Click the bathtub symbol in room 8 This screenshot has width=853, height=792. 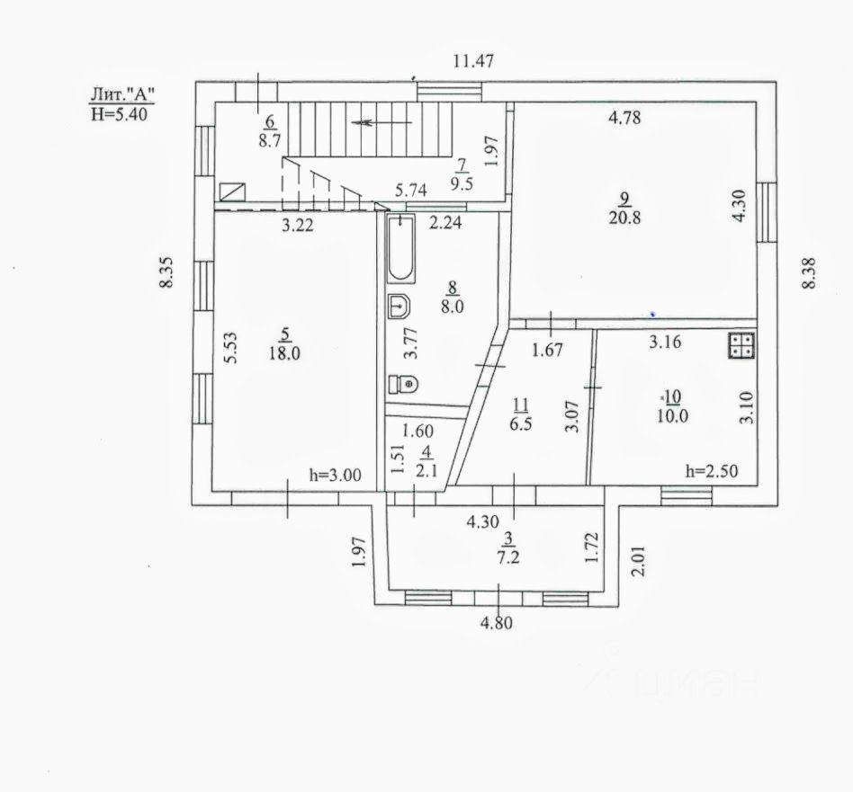click(x=401, y=248)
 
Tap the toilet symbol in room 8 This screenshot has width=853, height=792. click(x=403, y=385)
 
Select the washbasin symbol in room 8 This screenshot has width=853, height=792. click(x=400, y=307)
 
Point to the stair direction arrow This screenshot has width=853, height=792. click(x=382, y=122)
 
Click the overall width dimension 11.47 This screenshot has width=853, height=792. click(x=474, y=61)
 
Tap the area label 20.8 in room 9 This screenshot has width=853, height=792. click(x=624, y=218)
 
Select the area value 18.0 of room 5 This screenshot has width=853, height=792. click(x=284, y=353)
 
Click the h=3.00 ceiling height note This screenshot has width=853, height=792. click(x=335, y=475)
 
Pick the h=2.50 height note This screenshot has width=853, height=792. click(x=712, y=471)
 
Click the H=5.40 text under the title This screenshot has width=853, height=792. click(x=119, y=114)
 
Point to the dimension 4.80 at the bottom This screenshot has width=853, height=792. click(x=496, y=622)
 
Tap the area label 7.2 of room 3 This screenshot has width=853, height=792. click(x=508, y=557)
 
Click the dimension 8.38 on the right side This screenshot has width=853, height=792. click(x=809, y=273)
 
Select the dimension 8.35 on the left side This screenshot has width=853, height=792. click(x=166, y=271)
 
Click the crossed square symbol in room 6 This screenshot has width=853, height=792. click(x=232, y=191)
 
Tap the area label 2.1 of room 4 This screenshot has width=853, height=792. click(x=426, y=470)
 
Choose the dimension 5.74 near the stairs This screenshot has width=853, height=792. click(x=410, y=191)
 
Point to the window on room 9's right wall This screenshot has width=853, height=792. click(x=767, y=212)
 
